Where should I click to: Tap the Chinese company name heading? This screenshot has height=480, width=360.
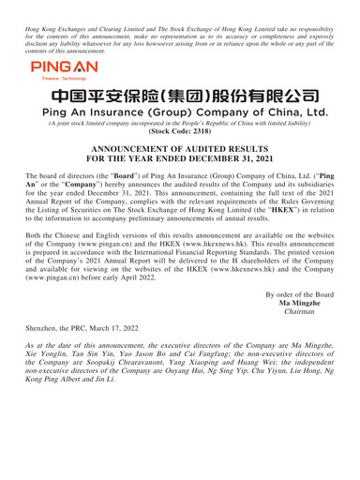point(180,87)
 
